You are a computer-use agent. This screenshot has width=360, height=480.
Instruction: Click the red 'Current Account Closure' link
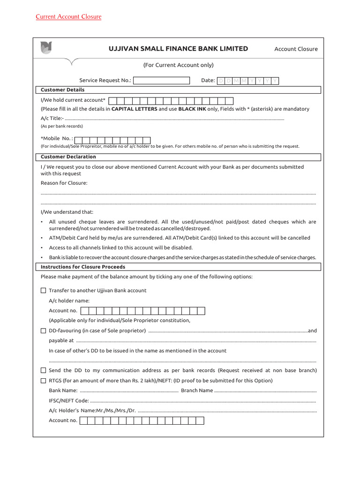68,17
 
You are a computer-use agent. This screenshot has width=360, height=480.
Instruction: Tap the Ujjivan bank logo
46,48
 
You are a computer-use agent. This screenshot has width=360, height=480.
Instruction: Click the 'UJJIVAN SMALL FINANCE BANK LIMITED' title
178,49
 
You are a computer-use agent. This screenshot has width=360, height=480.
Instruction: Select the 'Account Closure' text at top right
296,49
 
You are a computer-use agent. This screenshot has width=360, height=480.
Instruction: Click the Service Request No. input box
162,81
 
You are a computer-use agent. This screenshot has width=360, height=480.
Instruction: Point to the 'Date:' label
208,81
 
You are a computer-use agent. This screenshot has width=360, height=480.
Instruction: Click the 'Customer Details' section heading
62,90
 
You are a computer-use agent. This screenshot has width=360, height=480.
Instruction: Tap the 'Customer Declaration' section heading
68,157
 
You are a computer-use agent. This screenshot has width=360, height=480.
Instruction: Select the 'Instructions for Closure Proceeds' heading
83,267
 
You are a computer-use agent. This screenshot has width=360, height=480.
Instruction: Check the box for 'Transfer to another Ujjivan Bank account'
44,291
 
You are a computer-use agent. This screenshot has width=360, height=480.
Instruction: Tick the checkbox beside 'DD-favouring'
44,331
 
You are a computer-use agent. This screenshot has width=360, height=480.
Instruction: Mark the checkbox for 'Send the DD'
44,370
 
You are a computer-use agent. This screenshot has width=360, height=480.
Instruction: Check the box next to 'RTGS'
44,381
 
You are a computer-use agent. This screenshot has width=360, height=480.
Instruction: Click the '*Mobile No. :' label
57,139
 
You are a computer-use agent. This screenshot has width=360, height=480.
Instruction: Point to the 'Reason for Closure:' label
64,183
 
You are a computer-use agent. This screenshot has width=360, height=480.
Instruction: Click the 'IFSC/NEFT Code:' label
68,401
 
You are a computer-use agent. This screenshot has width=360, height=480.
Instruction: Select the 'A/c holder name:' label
69,300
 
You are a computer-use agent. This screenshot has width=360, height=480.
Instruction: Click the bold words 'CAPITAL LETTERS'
134,109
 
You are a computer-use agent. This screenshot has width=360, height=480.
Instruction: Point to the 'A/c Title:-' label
52,118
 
